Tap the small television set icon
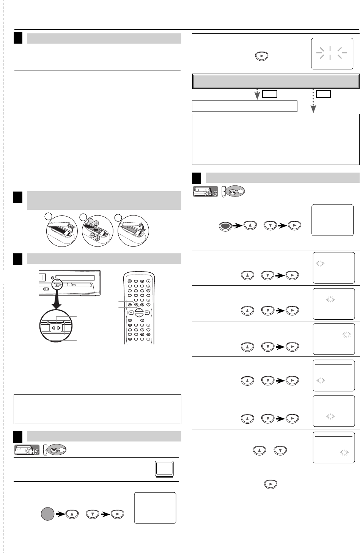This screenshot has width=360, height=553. (x=164, y=469)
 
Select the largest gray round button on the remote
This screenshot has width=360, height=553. (x=130, y=281)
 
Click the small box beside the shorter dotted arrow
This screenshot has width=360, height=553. (x=269, y=94)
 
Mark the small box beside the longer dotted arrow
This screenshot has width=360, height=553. (x=324, y=94)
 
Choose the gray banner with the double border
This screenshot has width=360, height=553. (x=276, y=82)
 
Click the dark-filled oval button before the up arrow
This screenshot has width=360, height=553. (x=226, y=226)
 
